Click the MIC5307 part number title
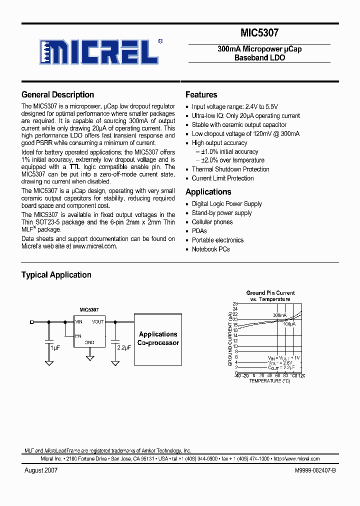[x=259, y=33]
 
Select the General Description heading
[x=57, y=94]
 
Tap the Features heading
[x=201, y=94]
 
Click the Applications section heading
[x=208, y=191]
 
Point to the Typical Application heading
[x=56, y=274]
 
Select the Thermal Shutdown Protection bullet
[x=230, y=169]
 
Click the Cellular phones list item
[x=212, y=222]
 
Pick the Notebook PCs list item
[x=210, y=249]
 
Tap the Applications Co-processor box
[x=158, y=338]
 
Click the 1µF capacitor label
[x=55, y=347]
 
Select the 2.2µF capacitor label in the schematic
[x=124, y=347]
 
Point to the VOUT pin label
[x=98, y=322]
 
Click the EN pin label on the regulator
[x=78, y=336]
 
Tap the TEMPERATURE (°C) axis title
[x=269, y=381]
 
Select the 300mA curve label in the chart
[x=279, y=315]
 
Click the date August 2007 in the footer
[x=41, y=470]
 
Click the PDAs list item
[x=199, y=231]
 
